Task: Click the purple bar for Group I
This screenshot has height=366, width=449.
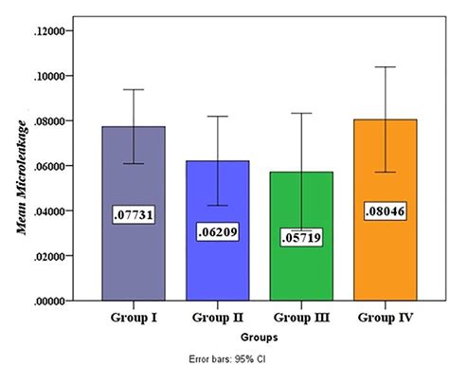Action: (x=135, y=256)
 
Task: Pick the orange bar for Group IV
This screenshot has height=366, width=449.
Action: (x=386, y=256)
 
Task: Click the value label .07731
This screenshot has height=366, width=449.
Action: (x=135, y=215)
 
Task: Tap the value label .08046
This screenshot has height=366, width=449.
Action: (x=386, y=211)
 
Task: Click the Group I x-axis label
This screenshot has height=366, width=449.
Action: (x=135, y=317)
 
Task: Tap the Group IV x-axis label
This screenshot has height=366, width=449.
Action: (x=386, y=317)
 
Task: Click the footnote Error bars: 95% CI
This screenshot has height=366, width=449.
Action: (x=258, y=358)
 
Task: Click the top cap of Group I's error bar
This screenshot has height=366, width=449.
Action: (x=135, y=89)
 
